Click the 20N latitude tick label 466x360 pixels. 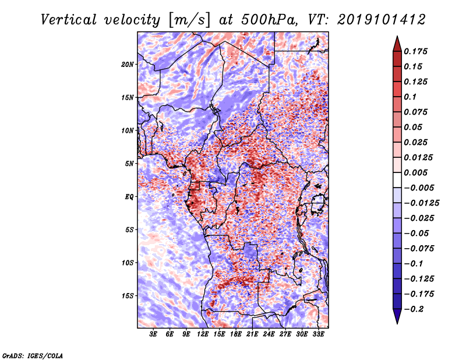[128, 64]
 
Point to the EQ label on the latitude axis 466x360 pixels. [129, 197]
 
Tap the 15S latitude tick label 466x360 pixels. [128, 296]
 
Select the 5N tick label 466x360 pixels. [129, 164]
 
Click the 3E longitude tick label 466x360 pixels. [154, 335]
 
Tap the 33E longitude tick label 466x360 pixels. [318, 335]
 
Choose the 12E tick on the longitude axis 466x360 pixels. [203, 335]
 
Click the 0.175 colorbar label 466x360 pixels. [416, 51]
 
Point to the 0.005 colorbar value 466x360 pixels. [416, 172]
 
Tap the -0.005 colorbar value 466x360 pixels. [418, 188]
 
